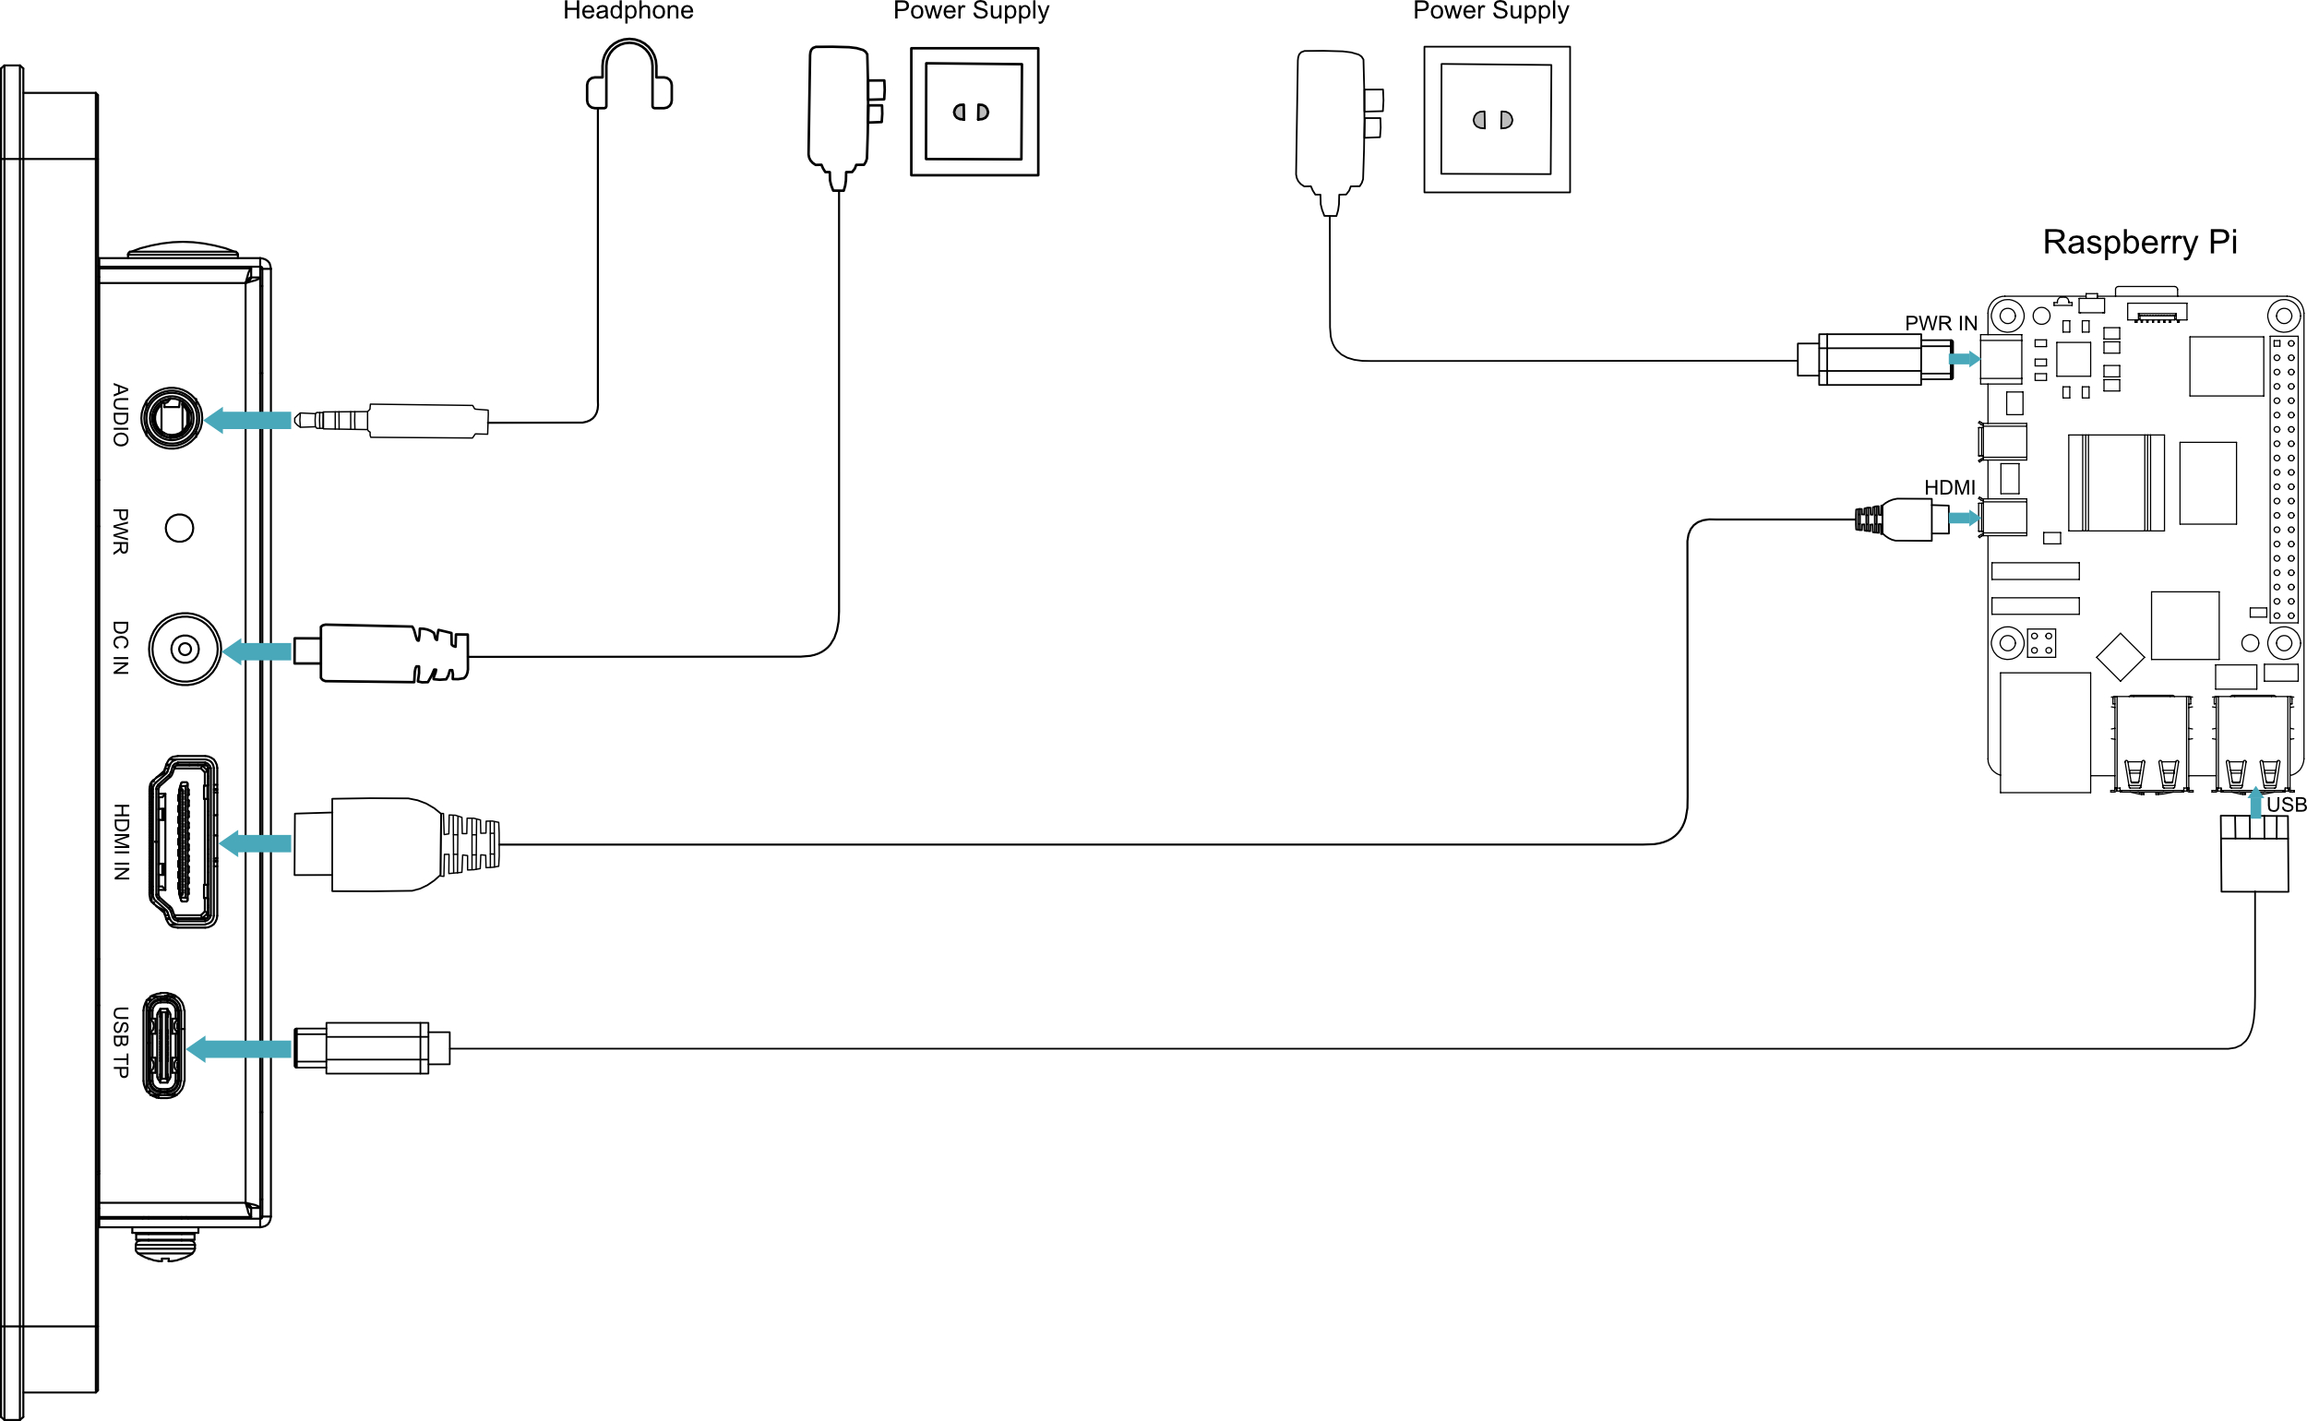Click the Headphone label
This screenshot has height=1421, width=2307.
pos(628,10)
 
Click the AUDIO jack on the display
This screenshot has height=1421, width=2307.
pos(171,418)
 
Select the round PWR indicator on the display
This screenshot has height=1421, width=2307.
pos(180,528)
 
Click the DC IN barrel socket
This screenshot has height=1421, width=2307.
pos(185,649)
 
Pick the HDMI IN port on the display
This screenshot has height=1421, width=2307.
pos(184,842)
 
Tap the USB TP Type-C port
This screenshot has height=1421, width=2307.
pos(163,1045)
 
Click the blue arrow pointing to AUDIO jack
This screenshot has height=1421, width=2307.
pos(247,420)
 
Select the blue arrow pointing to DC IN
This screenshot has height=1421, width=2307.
pos(256,651)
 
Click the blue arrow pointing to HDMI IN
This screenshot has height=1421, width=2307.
pos(255,843)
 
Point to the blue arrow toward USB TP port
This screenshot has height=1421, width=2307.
pos(239,1049)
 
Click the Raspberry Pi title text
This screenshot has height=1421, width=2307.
pos(2140,243)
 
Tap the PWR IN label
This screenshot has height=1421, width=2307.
pos(1941,323)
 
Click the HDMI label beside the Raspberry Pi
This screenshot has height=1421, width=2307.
pos(1950,488)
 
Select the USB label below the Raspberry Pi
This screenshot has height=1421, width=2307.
pos(2287,805)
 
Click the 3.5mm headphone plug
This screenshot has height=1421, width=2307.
pos(391,420)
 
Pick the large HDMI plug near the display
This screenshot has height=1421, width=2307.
pos(397,844)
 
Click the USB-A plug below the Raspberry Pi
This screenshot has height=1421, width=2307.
pos(2254,853)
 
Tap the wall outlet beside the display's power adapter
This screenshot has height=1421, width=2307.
pos(974,111)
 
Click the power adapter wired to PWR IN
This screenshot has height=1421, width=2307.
pos(1338,133)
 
